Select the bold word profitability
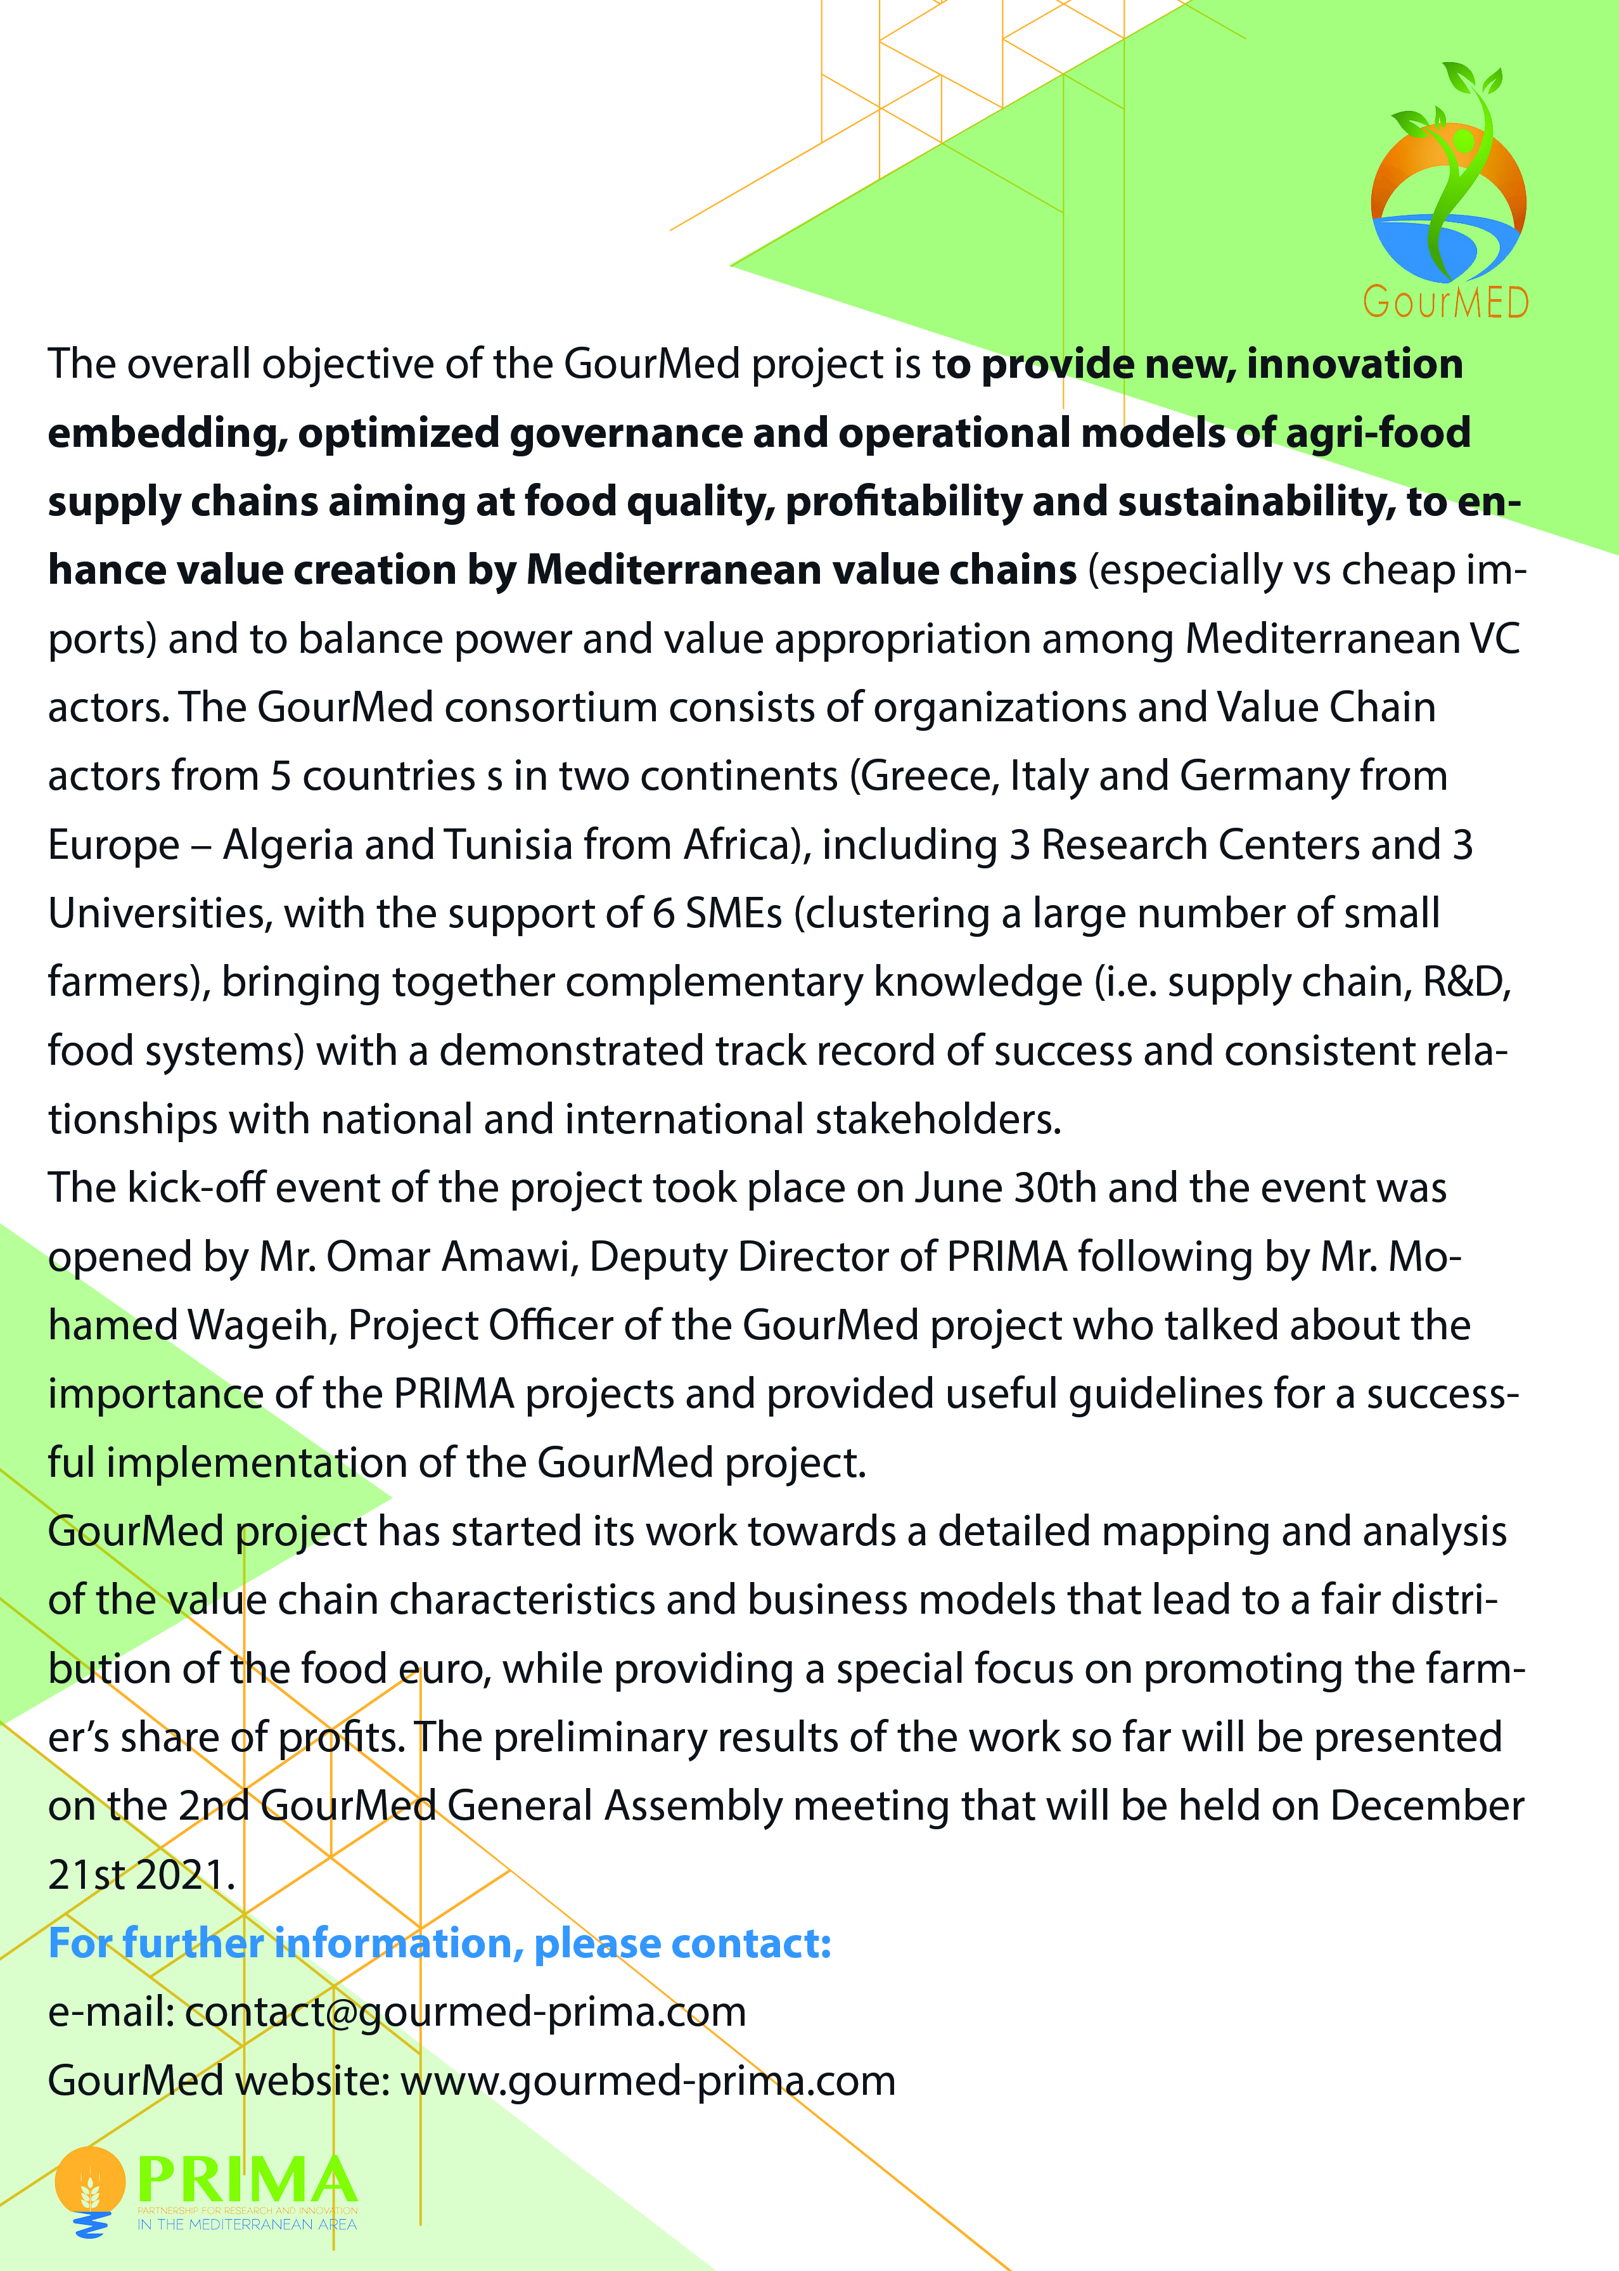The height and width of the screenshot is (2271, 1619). point(902,501)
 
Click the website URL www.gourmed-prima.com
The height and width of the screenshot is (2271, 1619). point(648,2081)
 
